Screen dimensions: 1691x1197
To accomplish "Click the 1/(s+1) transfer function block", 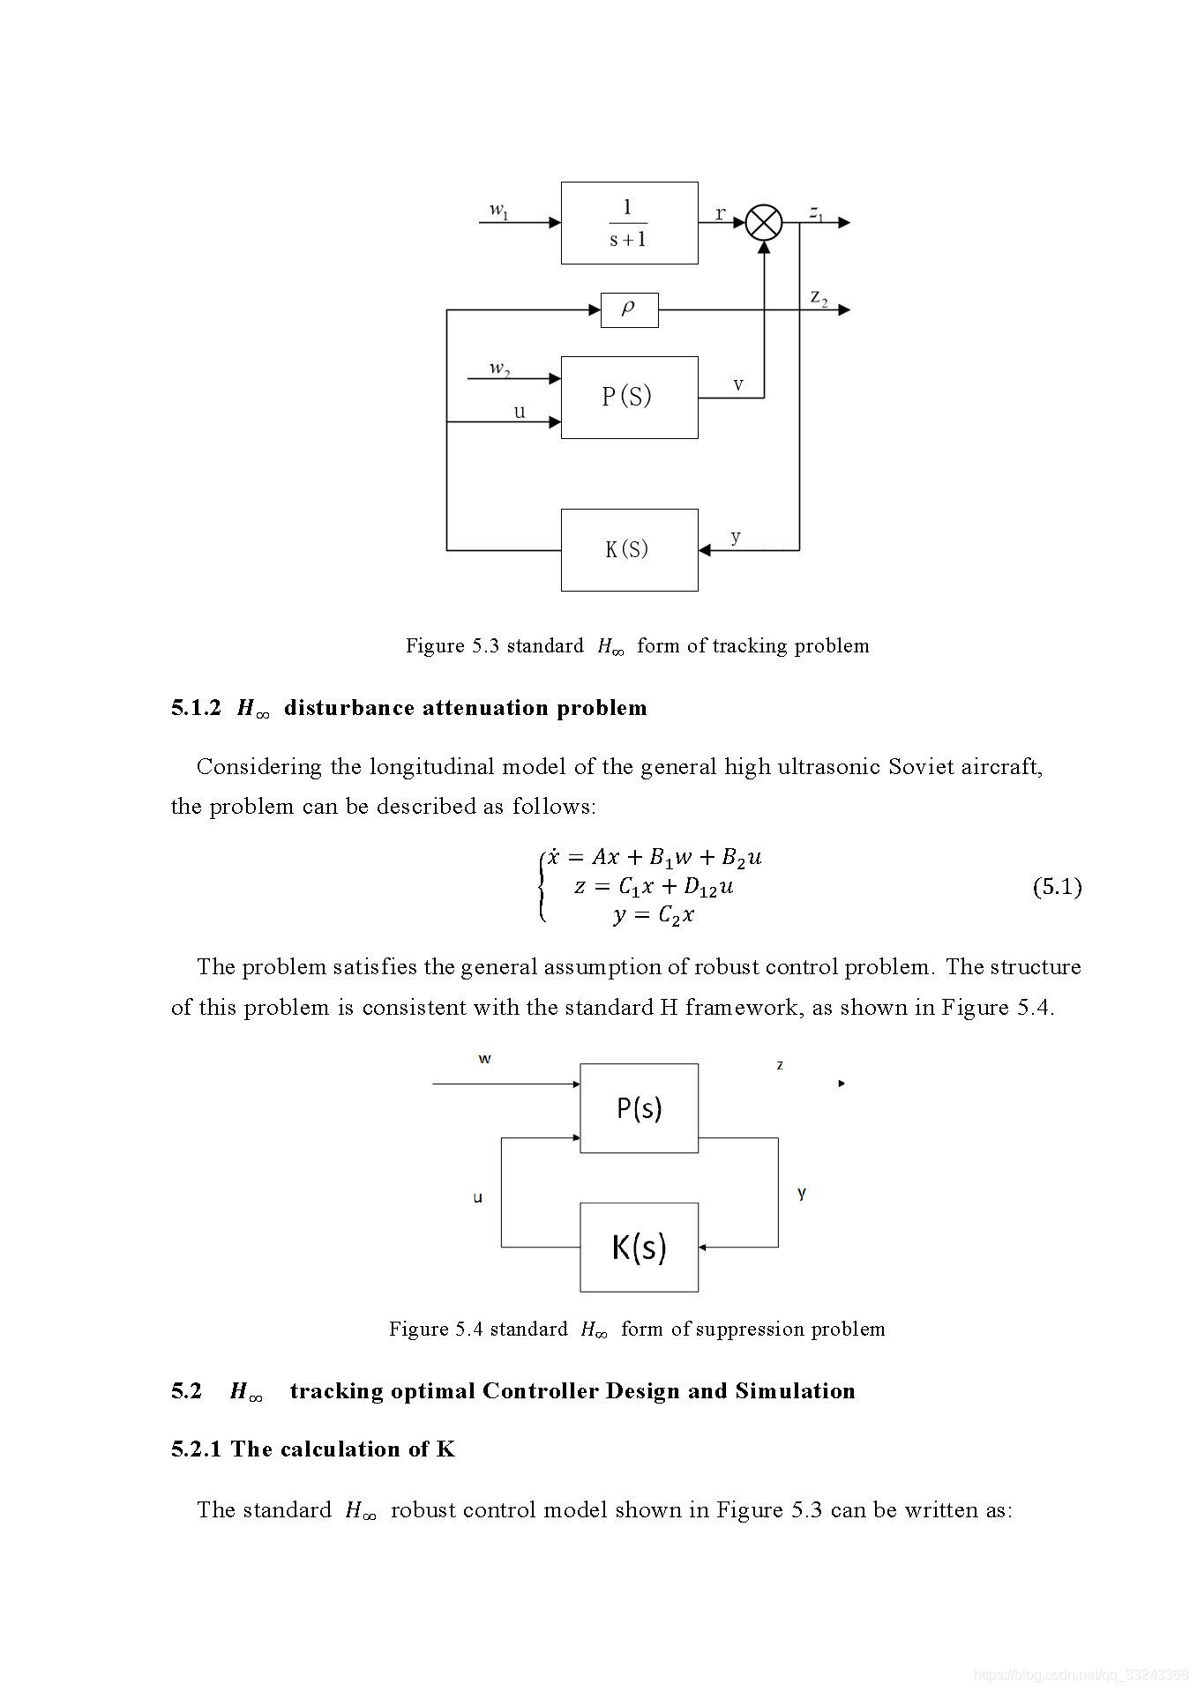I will (629, 223).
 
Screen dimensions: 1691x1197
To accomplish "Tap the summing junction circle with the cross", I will (764, 222).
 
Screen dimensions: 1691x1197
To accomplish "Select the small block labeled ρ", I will (629, 309).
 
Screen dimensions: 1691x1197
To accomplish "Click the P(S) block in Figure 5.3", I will (629, 397).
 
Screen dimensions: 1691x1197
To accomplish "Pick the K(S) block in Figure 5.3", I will (629, 549).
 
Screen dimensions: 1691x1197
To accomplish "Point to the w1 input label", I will (499, 210).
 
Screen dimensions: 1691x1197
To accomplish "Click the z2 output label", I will (819, 297).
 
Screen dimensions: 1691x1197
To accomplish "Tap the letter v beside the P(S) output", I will (738, 384).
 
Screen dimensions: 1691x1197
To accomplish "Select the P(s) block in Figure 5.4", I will (639, 1107).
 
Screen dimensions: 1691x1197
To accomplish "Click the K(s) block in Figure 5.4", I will (639, 1247).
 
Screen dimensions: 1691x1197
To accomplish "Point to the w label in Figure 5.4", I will (484, 1059).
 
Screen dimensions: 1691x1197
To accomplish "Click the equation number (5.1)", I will (1057, 886).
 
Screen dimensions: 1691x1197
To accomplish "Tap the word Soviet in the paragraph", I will (921, 766).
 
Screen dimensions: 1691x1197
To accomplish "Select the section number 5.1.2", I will (196, 708).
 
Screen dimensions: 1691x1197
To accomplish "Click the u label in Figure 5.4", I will (478, 1197).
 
